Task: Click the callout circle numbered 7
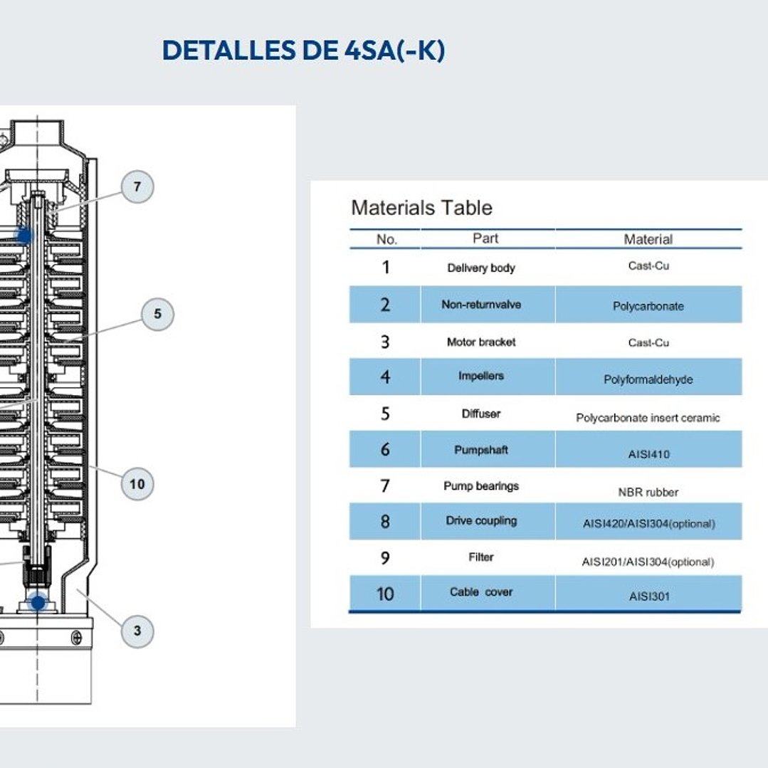(x=137, y=187)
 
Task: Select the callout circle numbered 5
(x=157, y=314)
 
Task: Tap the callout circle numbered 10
(x=137, y=484)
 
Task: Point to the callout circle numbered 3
(x=137, y=631)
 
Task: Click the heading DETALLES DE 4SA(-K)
(x=304, y=51)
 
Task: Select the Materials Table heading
(x=421, y=208)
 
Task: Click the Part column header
(x=485, y=238)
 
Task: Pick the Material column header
(x=648, y=239)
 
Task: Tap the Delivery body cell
(x=481, y=268)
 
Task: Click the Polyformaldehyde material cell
(x=648, y=379)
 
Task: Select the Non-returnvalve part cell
(x=481, y=305)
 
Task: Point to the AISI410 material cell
(x=648, y=453)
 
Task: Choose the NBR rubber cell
(x=648, y=492)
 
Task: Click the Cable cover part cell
(x=481, y=592)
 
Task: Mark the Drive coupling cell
(x=481, y=521)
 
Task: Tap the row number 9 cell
(x=385, y=558)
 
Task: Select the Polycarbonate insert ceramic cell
(x=648, y=418)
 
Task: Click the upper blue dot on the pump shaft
(x=25, y=235)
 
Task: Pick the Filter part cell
(x=481, y=557)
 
